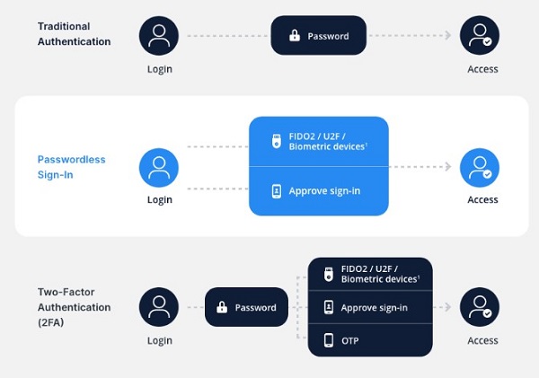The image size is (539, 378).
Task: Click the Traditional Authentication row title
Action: click(x=75, y=34)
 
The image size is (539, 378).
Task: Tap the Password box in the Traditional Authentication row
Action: click(x=319, y=36)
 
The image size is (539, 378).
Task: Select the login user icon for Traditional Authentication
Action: click(x=159, y=36)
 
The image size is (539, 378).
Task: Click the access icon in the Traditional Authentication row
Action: click(x=479, y=36)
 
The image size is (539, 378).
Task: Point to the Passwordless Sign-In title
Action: click(x=71, y=167)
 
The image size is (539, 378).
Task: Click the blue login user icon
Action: click(x=159, y=168)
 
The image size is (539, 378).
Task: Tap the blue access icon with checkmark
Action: click(x=479, y=168)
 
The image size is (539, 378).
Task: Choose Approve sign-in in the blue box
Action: click(x=324, y=191)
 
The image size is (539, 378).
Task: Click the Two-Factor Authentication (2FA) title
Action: click(x=74, y=307)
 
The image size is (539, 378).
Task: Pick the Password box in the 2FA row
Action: click(x=245, y=307)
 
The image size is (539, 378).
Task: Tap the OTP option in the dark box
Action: click(x=350, y=340)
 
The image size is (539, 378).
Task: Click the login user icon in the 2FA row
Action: click(x=159, y=307)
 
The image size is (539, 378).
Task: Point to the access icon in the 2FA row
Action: click(x=479, y=307)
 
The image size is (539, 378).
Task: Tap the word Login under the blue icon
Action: click(x=159, y=199)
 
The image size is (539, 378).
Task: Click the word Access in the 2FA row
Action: click(x=482, y=340)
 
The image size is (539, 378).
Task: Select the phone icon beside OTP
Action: click(x=329, y=340)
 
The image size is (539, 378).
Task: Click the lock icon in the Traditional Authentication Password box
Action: click(x=294, y=37)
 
